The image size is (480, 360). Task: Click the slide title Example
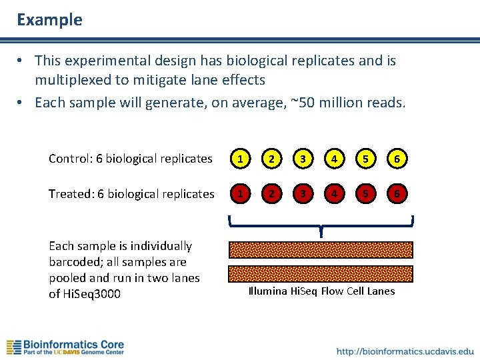(x=49, y=20)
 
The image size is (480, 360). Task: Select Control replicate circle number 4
(x=333, y=159)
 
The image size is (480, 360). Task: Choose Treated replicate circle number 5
(x=365, y=194)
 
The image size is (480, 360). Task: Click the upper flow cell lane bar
(x=321, y=249)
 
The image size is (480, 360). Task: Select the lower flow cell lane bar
(x=321, y=273)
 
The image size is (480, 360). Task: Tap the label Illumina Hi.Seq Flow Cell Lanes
(x=321, y=291)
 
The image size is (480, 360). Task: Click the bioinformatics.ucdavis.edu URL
(x=405, y=351)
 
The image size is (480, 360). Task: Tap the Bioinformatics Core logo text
(x=73, y=345)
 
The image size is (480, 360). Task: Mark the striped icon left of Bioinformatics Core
(x=13, y=347)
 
